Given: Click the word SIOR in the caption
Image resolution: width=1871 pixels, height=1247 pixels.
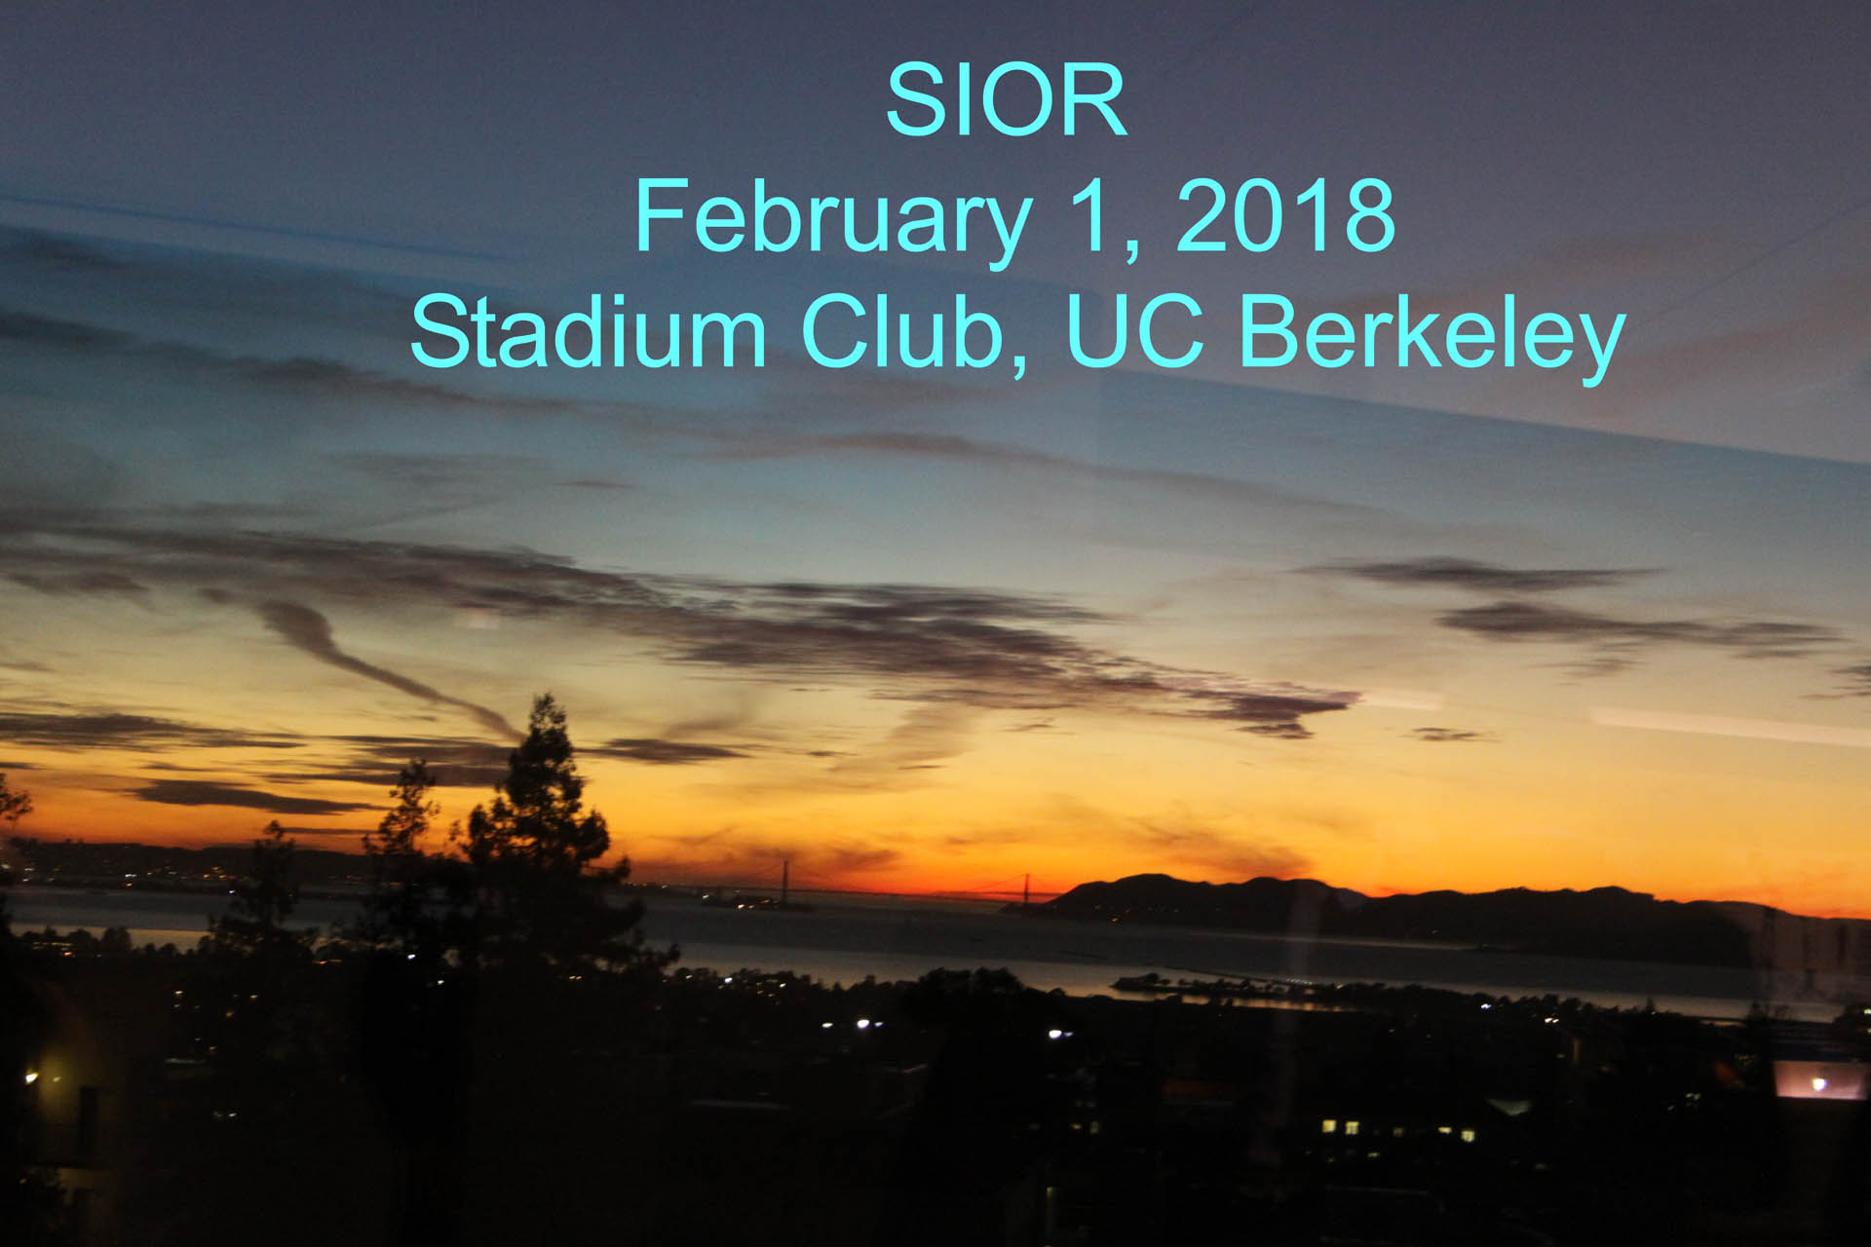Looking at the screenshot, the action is [x=1007, y=100].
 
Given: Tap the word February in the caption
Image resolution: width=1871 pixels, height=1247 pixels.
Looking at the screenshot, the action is [x=833, y=218].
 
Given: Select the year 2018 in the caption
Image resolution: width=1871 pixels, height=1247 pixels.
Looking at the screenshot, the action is [x=1286, y=215].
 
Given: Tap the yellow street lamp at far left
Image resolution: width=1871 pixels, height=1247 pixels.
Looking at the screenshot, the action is [x=30, y=1077].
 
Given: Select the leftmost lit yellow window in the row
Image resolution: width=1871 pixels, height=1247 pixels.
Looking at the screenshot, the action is [x=1329, y=1126].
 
